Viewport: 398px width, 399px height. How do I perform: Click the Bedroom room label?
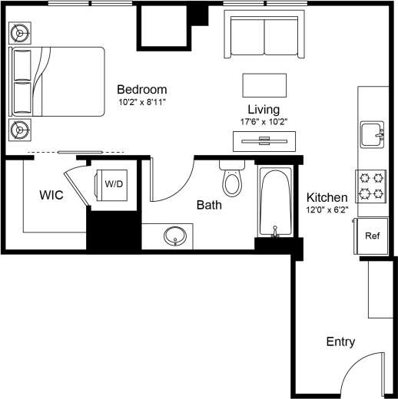pos(141,89)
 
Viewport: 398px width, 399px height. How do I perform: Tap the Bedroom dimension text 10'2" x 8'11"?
pos(142,101)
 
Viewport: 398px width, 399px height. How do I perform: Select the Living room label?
pos(263,110)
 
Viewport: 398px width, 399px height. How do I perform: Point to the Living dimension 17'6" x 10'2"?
pos(263,121)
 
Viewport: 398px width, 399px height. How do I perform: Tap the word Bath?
pos(209,205)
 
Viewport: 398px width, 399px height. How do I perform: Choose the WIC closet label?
pos(51,195)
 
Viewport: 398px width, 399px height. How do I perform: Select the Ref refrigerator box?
pos(373,236)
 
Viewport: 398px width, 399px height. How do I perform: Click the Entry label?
pos(340,341)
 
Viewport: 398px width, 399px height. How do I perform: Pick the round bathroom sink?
pos(176,236)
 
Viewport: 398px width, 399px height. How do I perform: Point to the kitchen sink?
pos(373,134)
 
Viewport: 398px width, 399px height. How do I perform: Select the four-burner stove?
pos(373,185)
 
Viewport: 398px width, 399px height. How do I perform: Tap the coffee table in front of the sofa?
pos(265,84)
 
